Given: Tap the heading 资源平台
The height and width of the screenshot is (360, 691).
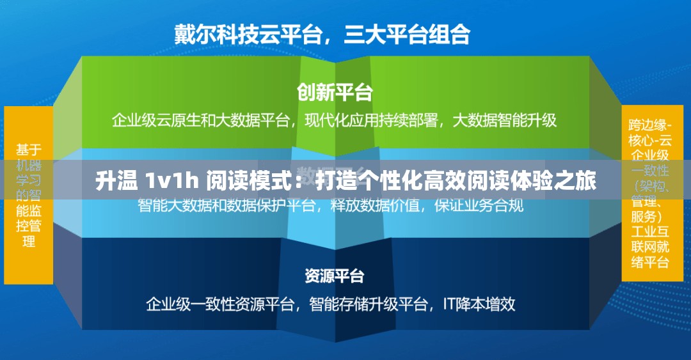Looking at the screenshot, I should [x=335, y=276].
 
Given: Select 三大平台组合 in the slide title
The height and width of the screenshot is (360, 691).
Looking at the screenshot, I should [x=407, y=34].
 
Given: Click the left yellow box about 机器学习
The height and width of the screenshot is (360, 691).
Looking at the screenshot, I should [x=29, y=195].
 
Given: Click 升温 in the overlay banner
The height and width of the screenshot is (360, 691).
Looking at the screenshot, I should [x=116, y=182].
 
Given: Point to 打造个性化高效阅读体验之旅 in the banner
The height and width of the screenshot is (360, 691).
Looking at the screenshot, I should [x=456, y=182].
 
